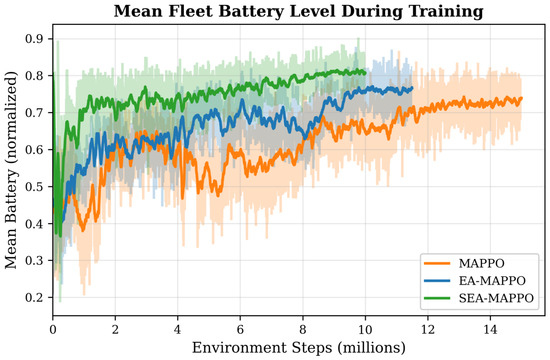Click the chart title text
pos(299,11)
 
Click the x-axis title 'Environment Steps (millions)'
pos(299,348)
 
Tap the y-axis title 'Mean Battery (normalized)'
pos(11,170)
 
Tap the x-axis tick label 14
pos(490,329)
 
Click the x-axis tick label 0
pos(53,329)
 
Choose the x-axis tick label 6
pos(240,329)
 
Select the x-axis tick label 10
pos(365,329)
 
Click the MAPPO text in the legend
pos(482,263)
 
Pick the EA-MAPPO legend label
pos(492,281)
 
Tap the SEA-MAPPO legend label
pos(496,298)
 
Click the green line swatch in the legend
pos(437,298)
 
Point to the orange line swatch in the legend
pos(437,263)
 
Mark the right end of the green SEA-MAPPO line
pos(365,73)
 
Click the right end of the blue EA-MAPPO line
pos(412,88)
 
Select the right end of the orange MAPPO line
pos(521,98)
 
